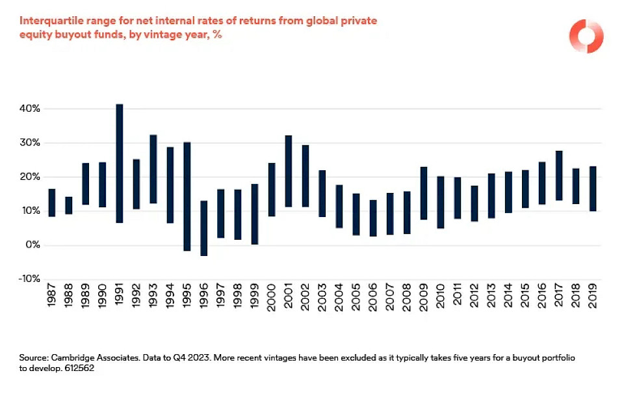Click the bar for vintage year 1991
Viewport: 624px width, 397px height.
point(120,163)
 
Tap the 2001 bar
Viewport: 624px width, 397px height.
point(289,171)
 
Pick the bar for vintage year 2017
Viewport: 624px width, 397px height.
point(559,175)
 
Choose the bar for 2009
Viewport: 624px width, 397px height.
point(424,193)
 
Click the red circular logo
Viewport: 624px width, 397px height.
point(586,36)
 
